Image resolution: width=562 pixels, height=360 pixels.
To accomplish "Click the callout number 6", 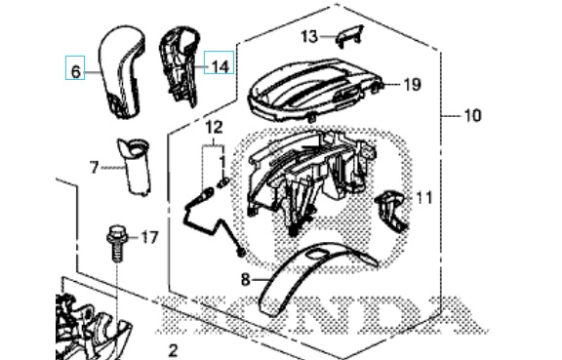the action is [75, 72].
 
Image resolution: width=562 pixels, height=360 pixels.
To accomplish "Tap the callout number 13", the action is [309, 36].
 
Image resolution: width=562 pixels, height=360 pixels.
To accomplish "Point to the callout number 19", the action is [412, 85].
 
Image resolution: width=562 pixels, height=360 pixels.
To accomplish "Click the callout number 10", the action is [472, 115].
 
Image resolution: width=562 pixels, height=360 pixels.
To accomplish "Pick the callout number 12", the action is [215, 127].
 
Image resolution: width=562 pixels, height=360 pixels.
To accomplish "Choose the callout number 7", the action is [94, 167].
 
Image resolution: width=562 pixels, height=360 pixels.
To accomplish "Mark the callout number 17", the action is [149, 237].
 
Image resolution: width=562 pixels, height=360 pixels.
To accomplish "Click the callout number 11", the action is [424, 198].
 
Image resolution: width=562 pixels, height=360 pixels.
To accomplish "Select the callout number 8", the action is [245, 279].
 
